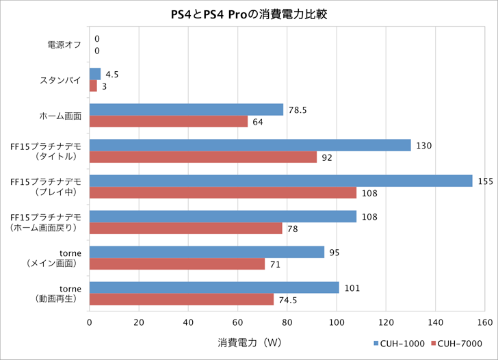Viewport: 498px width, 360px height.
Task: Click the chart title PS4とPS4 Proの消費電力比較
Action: coord(248,14)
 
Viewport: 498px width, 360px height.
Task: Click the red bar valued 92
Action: coord(203,157)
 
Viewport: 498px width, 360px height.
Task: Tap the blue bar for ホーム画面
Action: coord(186,110)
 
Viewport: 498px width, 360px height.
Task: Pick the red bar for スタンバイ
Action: coord(93,86)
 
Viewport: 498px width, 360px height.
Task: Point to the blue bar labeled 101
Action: coord(214,287)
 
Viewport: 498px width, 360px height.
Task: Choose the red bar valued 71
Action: coord(177,264)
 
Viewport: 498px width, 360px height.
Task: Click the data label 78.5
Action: coord(297,110)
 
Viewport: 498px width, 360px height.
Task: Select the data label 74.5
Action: coord(287,300)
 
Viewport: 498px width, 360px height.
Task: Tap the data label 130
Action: coord(423,145)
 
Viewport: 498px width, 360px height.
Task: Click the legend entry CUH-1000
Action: coord(399,344)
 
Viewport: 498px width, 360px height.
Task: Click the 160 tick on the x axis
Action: coord(485,322)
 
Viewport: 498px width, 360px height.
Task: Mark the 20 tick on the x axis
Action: coord(139,322)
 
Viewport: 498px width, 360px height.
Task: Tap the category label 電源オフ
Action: coord(64,44)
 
